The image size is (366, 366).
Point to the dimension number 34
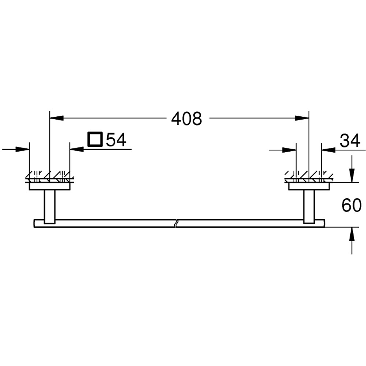350,141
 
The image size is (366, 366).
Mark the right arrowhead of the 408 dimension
302,118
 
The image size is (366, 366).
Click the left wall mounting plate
50,187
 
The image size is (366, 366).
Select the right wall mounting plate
309,187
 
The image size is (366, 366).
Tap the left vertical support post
49,206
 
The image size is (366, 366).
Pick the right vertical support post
309,206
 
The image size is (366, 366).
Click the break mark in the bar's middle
177,223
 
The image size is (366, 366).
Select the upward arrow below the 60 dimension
351,234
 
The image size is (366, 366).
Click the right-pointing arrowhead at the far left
23,149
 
